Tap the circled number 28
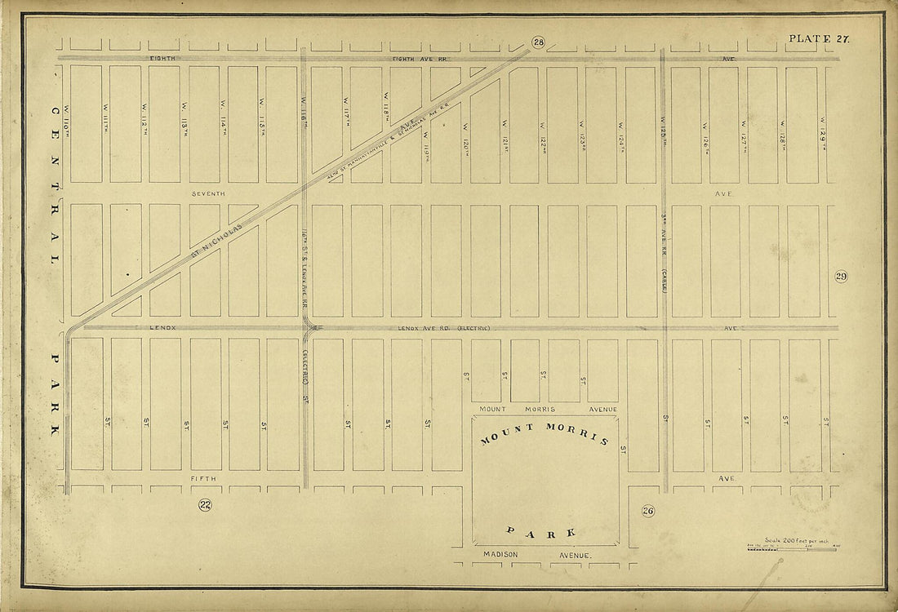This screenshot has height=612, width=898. [x=538, y=42]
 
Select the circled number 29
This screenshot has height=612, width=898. [x=841, y=277]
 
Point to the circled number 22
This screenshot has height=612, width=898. [x=205, y=505]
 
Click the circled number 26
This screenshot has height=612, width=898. [x=648, y=512]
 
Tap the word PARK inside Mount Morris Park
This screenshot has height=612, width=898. [x=541, y=532]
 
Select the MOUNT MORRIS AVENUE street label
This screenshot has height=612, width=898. [x=548, y=409]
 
